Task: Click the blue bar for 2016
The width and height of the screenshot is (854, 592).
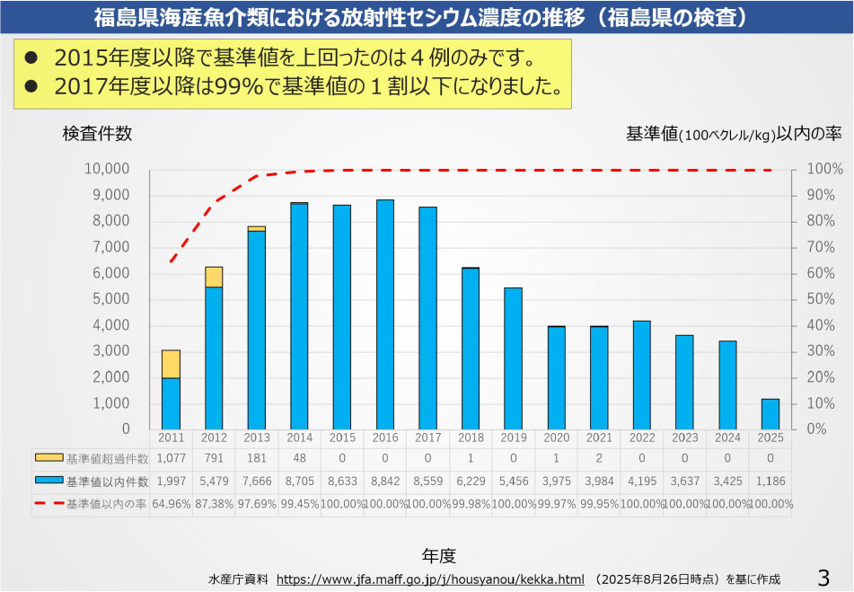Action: tap(385, 314)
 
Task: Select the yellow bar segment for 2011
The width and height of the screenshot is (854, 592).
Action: tap(171, 364)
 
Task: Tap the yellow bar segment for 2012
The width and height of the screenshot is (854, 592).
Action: tap(214, 277)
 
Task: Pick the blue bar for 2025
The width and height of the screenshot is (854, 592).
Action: tap(770, 414)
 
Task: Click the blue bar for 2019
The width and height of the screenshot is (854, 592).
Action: tap(513, 358)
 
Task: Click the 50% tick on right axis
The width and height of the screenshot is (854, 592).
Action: tap(818, 299)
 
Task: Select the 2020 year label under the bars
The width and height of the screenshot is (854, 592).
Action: tap(556, 437)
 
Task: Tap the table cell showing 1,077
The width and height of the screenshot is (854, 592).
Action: tap(171, 459)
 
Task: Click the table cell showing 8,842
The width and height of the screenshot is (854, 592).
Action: tap(385, 482)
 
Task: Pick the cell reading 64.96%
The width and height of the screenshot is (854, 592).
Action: tap(171, 504)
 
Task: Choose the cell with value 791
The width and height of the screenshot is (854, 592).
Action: tap(214, 459)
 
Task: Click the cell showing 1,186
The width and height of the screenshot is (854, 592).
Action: tap(770, 482)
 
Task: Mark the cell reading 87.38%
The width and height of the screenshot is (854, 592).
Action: tap(214, 504)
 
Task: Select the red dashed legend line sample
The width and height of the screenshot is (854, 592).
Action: tap(49, 504)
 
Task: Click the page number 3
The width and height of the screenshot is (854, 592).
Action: tap(823, 576)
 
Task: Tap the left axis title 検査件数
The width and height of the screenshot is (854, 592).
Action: tap(97, 134)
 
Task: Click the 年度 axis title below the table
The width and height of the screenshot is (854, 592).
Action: tap(439, 554)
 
